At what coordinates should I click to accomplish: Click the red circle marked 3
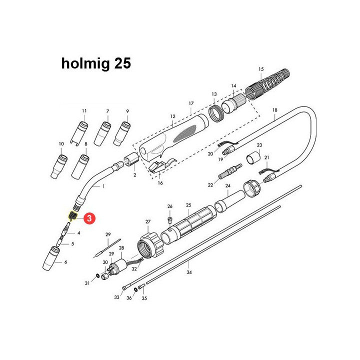tap(88, 218)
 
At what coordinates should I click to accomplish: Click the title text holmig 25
tap(96, 63)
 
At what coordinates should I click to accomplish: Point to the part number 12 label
tap(173, 116)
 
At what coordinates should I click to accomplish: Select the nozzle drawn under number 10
tap(59, 164)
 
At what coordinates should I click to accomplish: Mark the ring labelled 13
tap(215, 113)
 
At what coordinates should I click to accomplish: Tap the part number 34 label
tap(189, 272)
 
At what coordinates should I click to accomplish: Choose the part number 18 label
tap(274, 109)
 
